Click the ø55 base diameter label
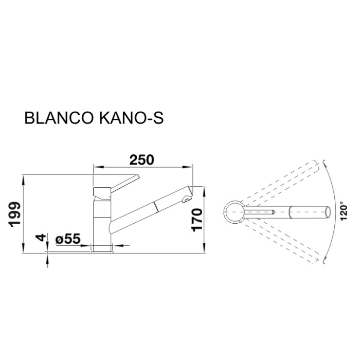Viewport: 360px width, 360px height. [67, 239]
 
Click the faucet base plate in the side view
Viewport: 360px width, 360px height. [102, 250]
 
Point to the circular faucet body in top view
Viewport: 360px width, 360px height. [234, 211]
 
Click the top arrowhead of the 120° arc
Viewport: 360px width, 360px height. [325, 163]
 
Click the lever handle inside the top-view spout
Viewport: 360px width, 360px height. [258, 211]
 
